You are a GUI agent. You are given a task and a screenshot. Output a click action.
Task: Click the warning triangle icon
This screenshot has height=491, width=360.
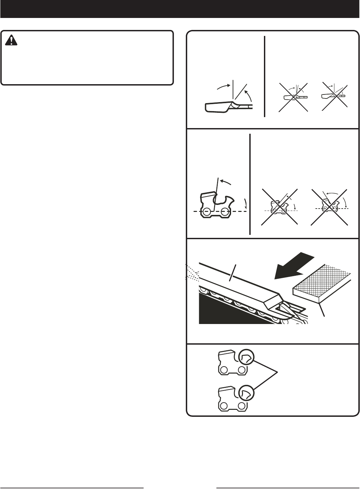(x=12, y=41)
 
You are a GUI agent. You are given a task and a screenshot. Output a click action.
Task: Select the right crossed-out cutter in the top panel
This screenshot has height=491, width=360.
(x=333, y=96)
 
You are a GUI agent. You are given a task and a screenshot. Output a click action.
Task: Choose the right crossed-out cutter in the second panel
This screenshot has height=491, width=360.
(x=329, y=207)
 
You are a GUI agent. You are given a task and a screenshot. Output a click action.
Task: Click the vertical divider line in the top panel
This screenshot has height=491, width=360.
(x=265, y=77)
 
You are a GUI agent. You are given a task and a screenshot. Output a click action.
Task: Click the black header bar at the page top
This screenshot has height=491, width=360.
(x=180, y=9)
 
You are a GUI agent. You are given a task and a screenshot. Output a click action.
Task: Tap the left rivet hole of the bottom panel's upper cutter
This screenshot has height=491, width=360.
(x=224, y=370)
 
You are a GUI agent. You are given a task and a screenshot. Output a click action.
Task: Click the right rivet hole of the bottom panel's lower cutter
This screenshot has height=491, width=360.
(x=242, y=406)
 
